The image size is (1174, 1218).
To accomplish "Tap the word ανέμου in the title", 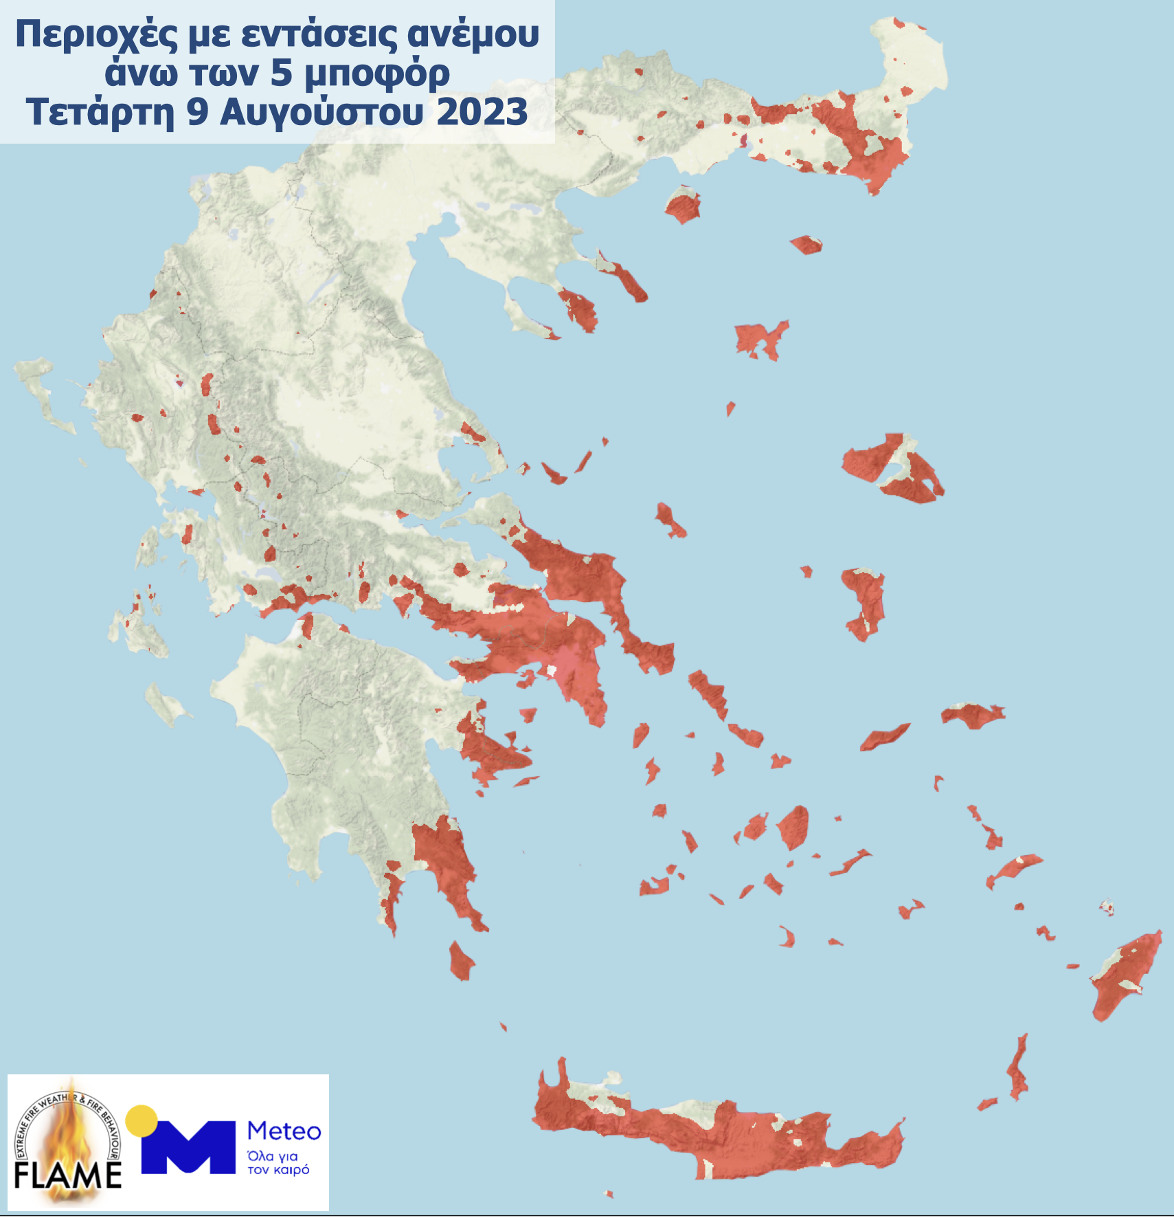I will click(473, 34).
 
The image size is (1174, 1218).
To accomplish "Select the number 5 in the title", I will click(282, 73).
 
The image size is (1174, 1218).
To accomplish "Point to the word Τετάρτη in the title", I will click(100, 112).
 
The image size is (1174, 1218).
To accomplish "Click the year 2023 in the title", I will click(482, 112).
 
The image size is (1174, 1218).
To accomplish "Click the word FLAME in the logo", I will click(67, 1175).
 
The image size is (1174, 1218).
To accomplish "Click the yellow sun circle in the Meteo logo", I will click(142, 1120).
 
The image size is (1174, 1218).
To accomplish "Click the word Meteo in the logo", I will click(284, 1131).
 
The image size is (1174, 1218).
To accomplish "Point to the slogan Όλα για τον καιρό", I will click(279, 1163).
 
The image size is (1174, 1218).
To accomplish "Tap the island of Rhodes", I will click(1123, 976).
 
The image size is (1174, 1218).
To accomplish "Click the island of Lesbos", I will click(893, 467).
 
